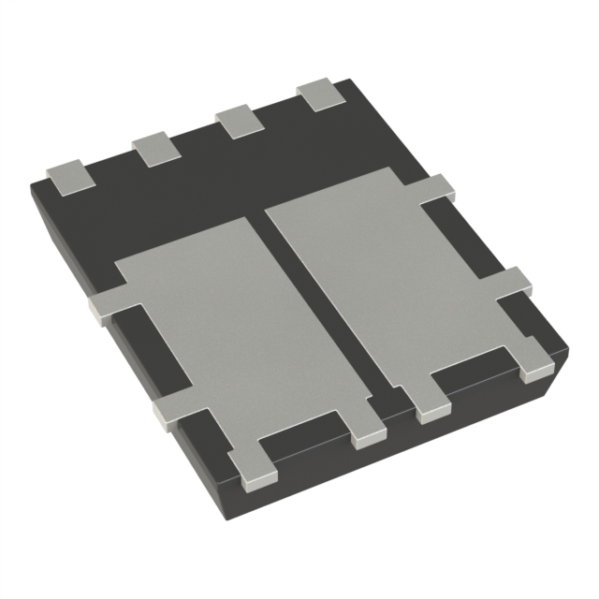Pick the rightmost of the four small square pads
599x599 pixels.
click(x=319, y=95)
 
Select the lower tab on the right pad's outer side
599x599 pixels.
click(x=515, y=283)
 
